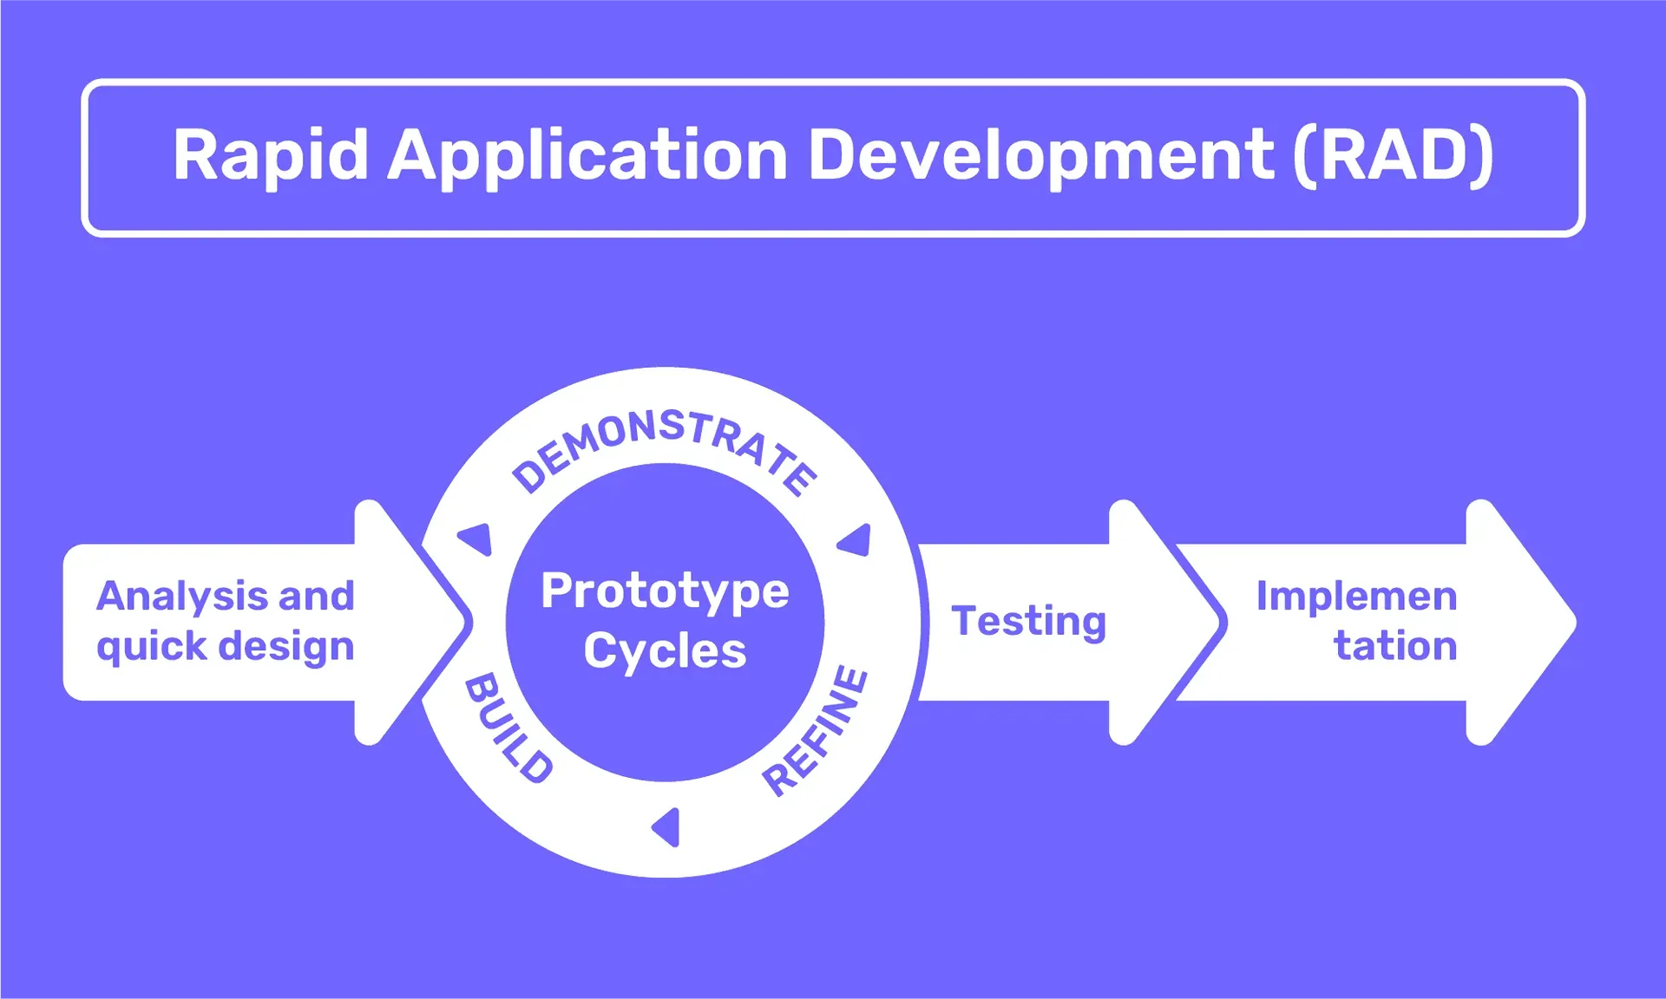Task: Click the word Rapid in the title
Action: point(270,156)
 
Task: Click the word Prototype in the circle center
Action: point(665,592)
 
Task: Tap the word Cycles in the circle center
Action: point(665,650)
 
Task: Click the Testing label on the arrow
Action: point(1028,622)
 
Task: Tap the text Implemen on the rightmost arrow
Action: point(1356,597)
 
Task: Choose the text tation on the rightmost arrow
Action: point(1394,646)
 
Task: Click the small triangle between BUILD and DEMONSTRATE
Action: point(477,539)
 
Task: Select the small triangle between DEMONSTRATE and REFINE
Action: point(856,540)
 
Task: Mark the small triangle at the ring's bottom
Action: point(666,827)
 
